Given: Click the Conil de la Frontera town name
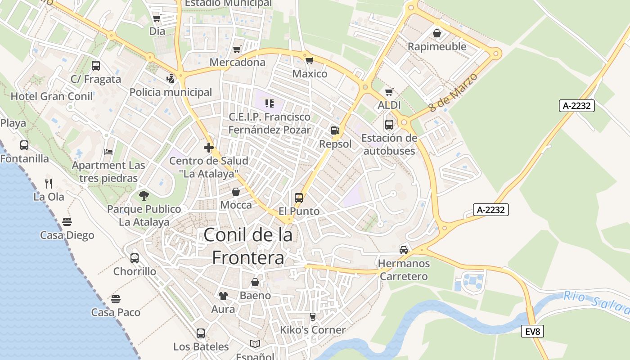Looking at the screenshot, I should [248, 246].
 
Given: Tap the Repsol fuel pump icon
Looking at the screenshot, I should [335, 130].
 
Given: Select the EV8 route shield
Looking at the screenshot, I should [533, 332].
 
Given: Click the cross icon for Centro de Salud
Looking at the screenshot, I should [208, 147].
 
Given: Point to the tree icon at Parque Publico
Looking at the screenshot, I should [144, 195].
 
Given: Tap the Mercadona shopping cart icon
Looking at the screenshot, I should [237, 49].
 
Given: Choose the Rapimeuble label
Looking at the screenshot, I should [436, 47].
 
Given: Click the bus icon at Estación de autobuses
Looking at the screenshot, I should [389, 124].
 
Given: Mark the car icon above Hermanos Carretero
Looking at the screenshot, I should [404, 250].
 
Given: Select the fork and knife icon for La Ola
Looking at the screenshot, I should [49, 183].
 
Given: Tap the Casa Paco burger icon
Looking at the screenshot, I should [116, 299].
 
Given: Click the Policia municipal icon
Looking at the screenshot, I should [170, 79].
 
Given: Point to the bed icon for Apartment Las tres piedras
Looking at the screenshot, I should [108, 152].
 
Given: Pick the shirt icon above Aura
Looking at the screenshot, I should [223, 296].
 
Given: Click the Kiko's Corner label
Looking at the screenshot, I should [313, 330].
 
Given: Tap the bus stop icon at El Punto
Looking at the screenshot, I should [299, 198].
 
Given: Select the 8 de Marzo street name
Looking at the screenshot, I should [452, 93].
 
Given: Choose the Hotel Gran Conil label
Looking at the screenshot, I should [52, 96].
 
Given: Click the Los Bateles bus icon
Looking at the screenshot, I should [201, 333].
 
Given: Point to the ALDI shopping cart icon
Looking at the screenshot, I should [389, 92].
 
